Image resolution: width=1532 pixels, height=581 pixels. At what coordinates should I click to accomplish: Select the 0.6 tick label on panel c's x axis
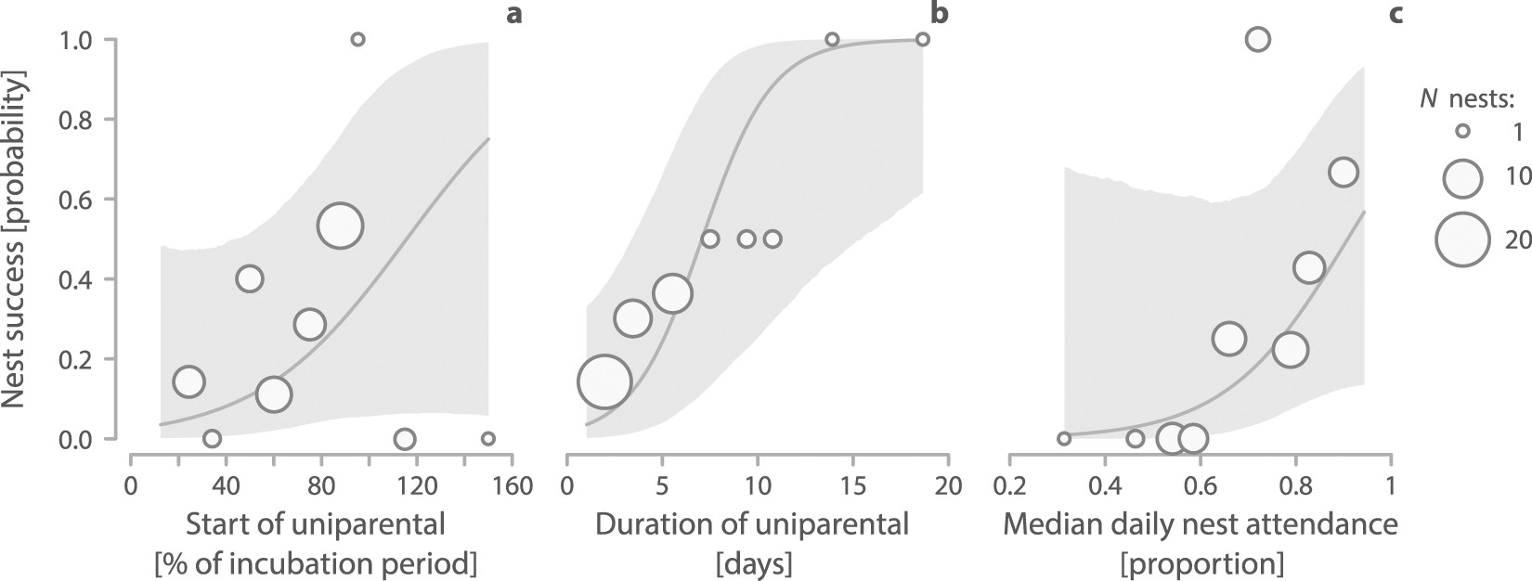pyautogui.click(x=1200, y=486)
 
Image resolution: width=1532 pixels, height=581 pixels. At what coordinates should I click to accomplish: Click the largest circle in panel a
pyautogui.click(x=340, y=226)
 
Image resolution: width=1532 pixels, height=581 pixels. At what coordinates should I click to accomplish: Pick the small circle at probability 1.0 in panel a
pyautogui.click(x=358, y=39)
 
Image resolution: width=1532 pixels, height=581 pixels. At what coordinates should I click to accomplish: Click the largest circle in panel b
pyautogui.click(x=604, y=381)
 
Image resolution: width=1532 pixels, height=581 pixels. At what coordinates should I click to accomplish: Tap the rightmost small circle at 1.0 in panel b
pyautogui.click(x=922, y=39)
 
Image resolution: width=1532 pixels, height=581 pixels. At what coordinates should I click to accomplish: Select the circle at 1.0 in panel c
pyautogui.click(x=1257, y=39)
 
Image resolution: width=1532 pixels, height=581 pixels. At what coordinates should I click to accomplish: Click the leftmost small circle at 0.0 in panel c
pyautogui.click(x=1064, y=438)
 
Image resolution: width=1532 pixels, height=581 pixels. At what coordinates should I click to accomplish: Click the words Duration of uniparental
pyautogui.click(x=752, y=525)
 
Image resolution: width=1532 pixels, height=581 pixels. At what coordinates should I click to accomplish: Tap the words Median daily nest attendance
pyautogui.click(x=1201, y=525)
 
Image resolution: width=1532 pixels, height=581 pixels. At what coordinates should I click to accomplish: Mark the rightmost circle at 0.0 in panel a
pyautogui.click(x=488, y=438)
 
